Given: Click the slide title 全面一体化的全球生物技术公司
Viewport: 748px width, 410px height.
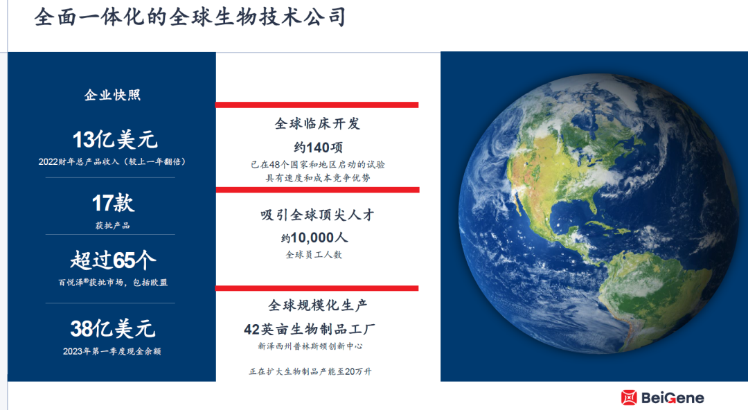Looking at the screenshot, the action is [x=190, y=17].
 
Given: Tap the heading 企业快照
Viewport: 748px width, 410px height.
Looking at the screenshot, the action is [x=113, y=95].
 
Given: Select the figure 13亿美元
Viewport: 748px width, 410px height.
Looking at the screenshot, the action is [x=115, y=140].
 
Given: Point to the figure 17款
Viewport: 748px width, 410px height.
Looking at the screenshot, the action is [x=113, y=204].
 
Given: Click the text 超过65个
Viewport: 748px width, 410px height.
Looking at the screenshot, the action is [x=113, y=260].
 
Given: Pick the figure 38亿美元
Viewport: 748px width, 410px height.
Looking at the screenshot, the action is [x=113, y=329].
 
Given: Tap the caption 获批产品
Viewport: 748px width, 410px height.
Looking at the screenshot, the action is [x=113, y=225].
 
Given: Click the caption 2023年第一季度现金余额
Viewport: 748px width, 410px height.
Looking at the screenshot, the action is [x=112, y=351].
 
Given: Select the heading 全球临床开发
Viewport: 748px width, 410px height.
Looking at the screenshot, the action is [x=317, y=124].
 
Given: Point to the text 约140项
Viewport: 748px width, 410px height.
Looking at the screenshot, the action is [x=318, y=148].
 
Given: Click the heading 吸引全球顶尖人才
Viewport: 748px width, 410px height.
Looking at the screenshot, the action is [x=317, y=215].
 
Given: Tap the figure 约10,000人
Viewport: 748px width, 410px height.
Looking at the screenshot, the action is [x=314, y=238].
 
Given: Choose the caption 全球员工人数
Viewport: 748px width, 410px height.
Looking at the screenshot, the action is [x=314, y=255].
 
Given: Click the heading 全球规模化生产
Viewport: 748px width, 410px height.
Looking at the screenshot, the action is [x=317, y=305].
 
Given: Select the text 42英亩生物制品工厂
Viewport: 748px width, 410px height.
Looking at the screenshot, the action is [x=310, y=330].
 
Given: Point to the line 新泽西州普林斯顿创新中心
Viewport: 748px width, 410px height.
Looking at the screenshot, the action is [x=310, y=346].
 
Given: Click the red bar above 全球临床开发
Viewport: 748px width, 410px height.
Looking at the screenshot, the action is [x=317, y=105].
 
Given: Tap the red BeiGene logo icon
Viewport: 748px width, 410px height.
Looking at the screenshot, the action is [x=629, y=397].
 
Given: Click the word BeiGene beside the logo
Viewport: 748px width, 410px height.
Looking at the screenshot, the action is [x=673, y=398].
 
